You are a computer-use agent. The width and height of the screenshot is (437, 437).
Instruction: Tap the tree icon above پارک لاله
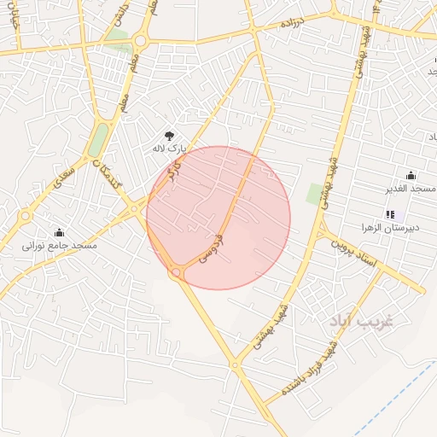pyautogui.click(x=169, y=135)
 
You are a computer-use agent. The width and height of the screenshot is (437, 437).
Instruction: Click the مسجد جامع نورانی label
pyautogui.click(x=60, y=246)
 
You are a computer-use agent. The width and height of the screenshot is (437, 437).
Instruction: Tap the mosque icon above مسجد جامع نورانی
pyautogui.click(x=59, y=232)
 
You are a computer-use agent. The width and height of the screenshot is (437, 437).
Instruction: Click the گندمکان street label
pyautogui.click(x=113, y=178)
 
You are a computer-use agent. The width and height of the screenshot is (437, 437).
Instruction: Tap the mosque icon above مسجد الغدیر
pyautogui.click(x=411, y=175)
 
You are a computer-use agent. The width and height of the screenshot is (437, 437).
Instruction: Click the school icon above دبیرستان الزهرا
pyautogui.click(x=391, y=215)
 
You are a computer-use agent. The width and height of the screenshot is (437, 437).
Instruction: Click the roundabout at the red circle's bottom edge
pyautogui.click(x=178, y=273)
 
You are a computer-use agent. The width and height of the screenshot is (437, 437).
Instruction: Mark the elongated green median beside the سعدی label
pyautogui.click(x=99, y=139)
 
